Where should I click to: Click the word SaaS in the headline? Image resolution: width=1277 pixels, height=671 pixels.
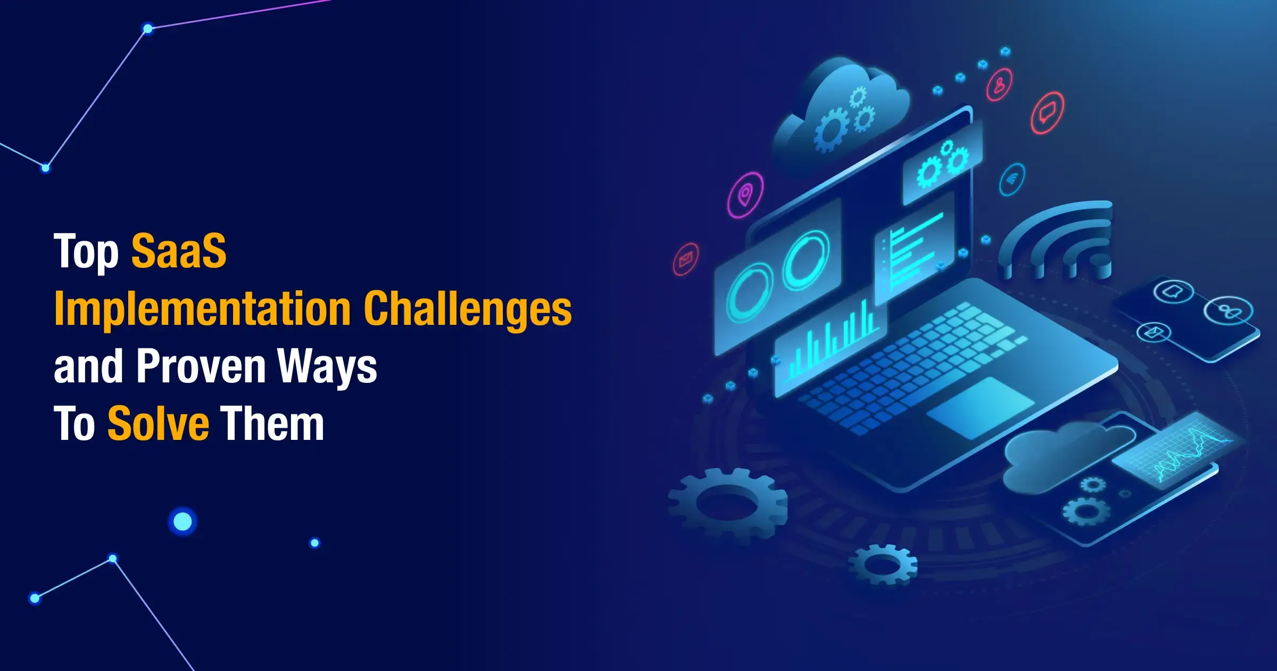pyautogui.click(x=179, y=250)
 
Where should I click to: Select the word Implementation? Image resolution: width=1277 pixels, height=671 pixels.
pyautogui.click(x=203, y=308)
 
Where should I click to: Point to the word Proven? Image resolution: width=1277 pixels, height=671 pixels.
pyautogui.click(x=201, y=366)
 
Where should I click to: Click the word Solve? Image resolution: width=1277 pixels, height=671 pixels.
pyautogui.click(x=158, y=423)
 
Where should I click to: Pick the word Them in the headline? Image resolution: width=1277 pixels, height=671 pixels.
pyautogui.click(x=272, y=423)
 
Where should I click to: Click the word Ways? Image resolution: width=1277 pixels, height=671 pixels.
pyautogui.click(x=327, y=367)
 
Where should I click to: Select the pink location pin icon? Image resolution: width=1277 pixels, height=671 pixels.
pyautogui.click(x=745, y=195)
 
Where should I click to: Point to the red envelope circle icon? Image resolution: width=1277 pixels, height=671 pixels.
pyautogui.click(x=686, y=259)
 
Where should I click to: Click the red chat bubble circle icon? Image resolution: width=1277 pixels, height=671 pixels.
pyautogui.click(x=1047, y=113)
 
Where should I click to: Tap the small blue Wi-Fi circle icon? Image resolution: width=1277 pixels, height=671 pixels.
pyautogui.click(x=1012, y=179)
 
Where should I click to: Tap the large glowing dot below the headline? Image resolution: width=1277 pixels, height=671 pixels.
pyautogui.click(x=183, y=521)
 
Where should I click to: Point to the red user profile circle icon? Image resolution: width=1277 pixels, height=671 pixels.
pyautogui.click(x=1000, y=85)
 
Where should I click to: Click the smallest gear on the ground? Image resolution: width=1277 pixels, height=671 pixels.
pyautogui.click(x=883, y=564)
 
